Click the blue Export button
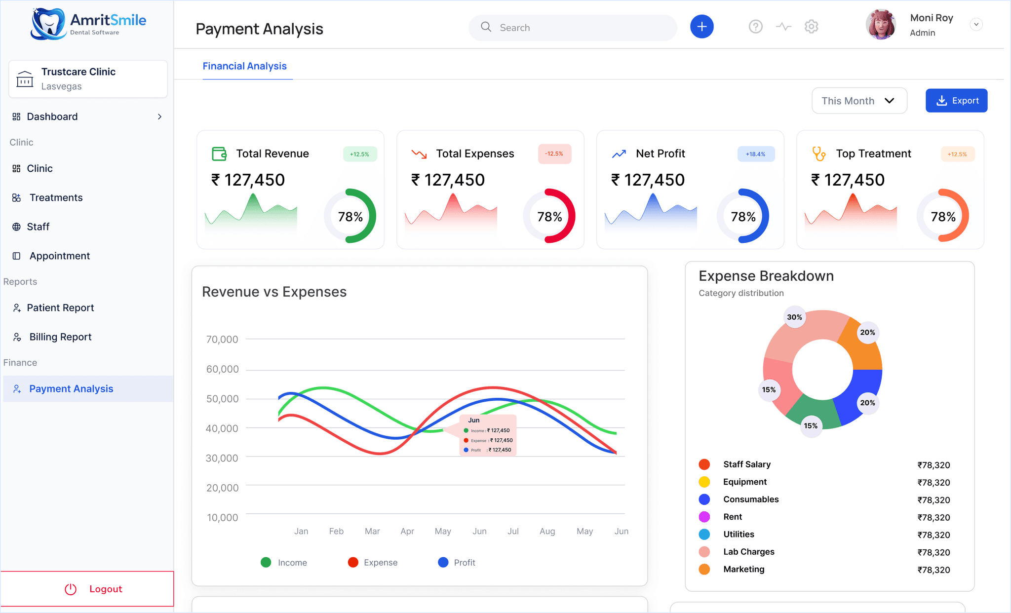[x=956, y=101]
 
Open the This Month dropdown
[x=859, y=101]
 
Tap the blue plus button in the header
[x=701, y=27]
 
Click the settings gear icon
[x=811, y=27]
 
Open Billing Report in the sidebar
[x=60, y=337]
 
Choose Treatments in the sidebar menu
[x=56, y=197]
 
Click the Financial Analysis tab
[x=244, y=66]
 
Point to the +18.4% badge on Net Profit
[x=755, y=154]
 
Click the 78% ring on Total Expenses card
[x=549, y=216]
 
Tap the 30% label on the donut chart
[x=794, y=317]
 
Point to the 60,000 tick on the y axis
[x=222, y=369]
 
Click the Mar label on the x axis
[x=372, y=531]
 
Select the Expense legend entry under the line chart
[x=373, y=562]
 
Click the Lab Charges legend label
[x=748, y=552]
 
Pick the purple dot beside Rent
[x=704, y=517]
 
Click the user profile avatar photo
[x=881, y=25]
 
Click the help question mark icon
[x=755, y=27]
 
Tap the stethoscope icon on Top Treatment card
[x=818, y=154]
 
